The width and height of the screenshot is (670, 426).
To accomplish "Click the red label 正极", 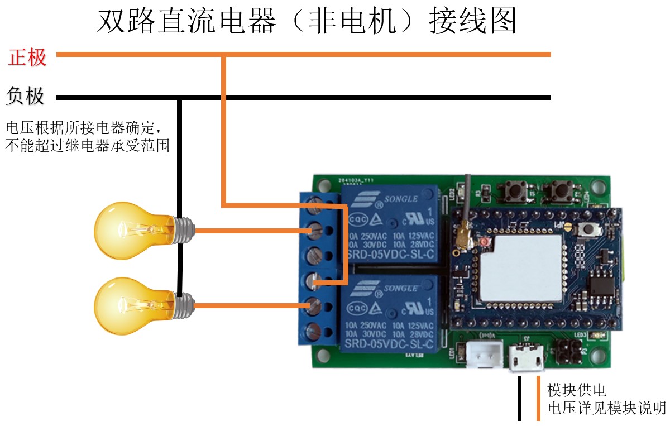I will (x=27, y=57).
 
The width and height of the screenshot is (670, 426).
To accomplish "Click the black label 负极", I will (x=25, y=96).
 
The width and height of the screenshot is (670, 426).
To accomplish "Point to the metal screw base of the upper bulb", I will (x=184, y=229).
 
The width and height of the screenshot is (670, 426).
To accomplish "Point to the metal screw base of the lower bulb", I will (x=184, y=305).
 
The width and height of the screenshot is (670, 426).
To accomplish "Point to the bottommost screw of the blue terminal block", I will (x=315, y=329).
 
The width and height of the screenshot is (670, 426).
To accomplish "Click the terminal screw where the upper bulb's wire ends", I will (x=315, y=229).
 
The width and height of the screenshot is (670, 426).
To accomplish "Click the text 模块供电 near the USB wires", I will (x=576, y=390).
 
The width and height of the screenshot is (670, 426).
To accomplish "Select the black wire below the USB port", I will (x=519, y=398).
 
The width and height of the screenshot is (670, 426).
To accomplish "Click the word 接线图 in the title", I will (x=472, y=22).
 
